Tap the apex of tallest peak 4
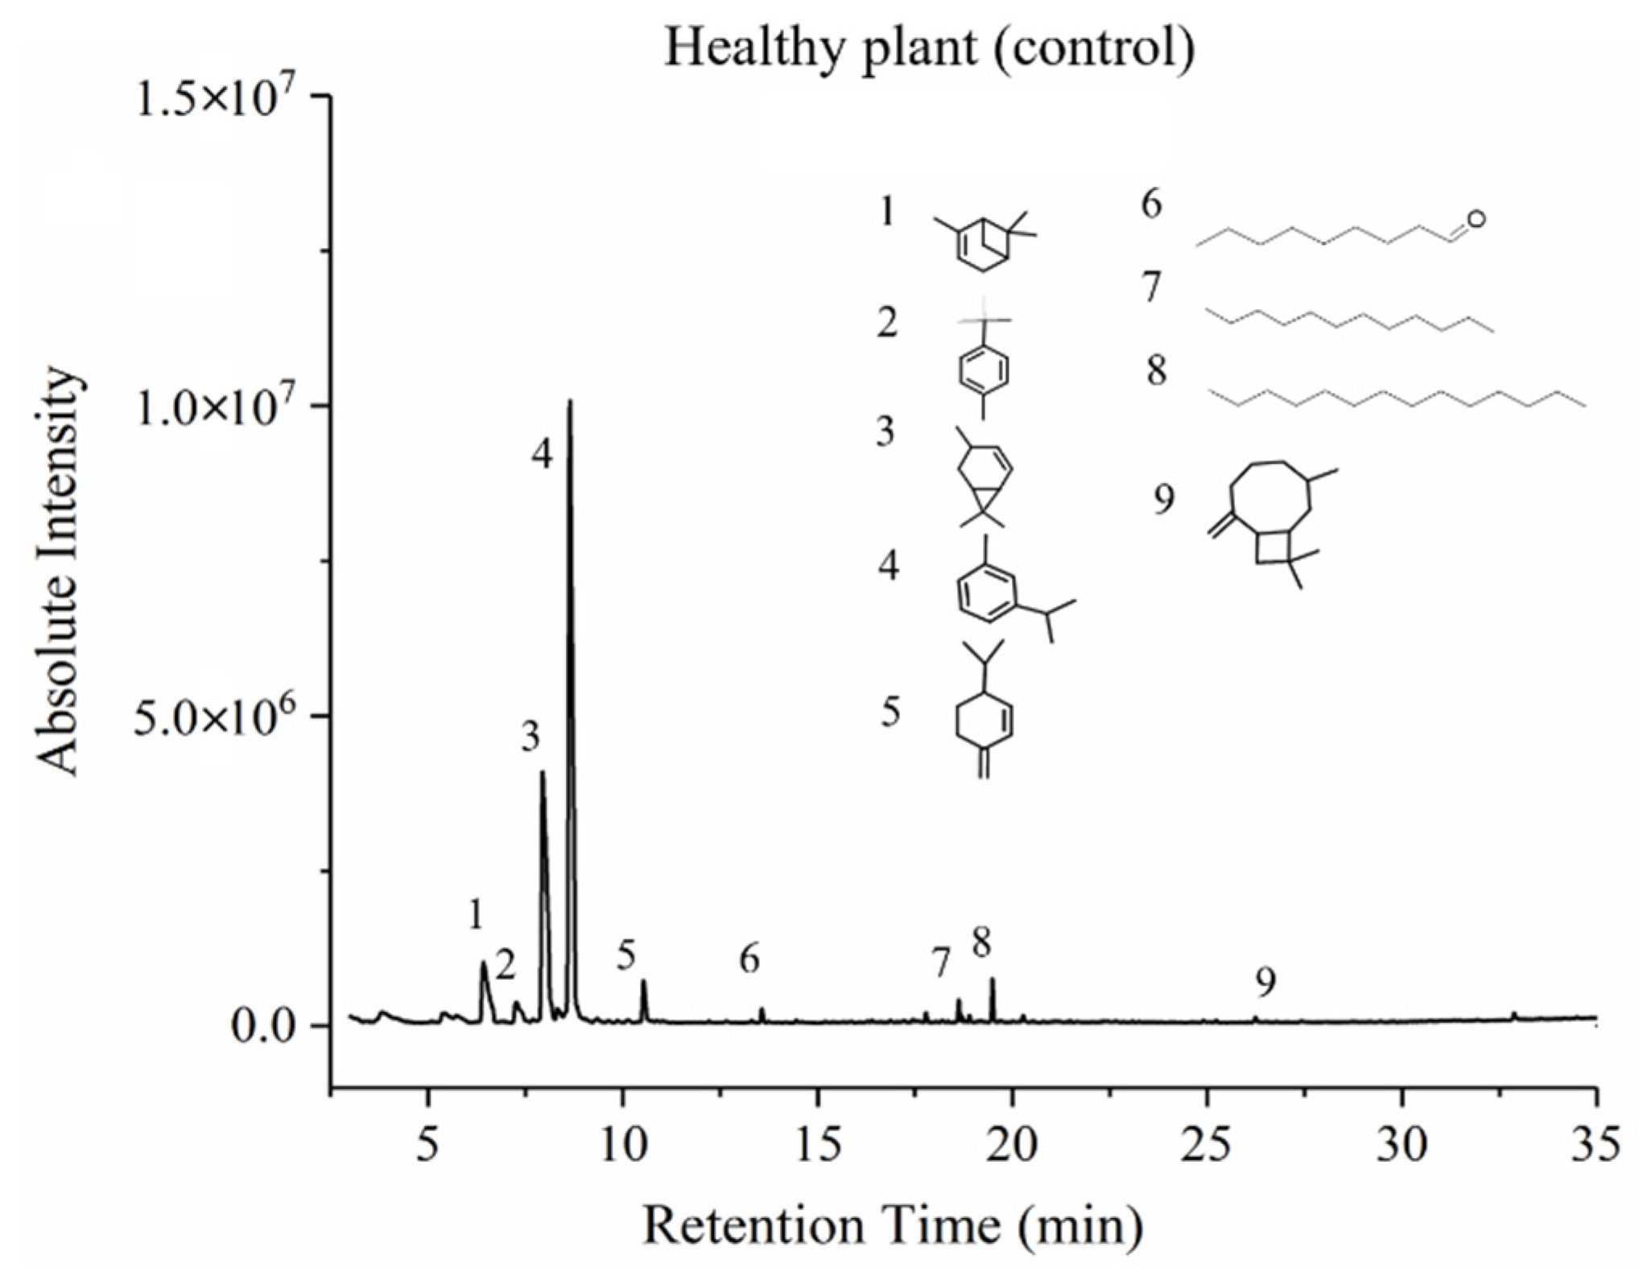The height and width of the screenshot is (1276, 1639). click(570, 401)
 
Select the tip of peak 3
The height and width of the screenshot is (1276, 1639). click(543, 773)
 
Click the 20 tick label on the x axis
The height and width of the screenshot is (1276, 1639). click(1012, 1144)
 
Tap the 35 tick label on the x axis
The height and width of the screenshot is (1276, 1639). click(1595, 1144)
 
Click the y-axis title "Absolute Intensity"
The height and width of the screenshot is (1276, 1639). click(60, 572)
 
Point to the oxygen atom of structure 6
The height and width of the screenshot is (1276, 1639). click(1476, 218)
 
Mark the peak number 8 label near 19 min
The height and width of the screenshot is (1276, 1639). click(981, 942)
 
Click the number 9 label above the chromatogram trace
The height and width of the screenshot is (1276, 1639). click(1265, 981)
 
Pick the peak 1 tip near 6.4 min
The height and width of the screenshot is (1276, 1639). click(484, 963)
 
